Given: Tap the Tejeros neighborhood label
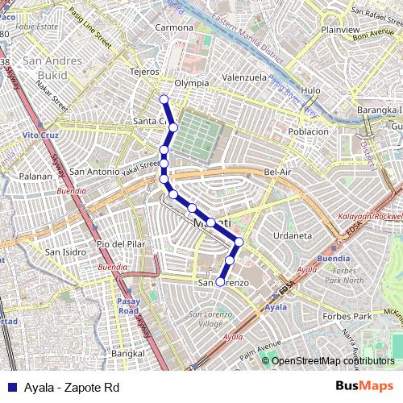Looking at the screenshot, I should click(x=145, y=72).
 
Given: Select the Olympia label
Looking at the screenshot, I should click(x=192, y=82).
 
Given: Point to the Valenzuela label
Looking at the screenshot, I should click(x=244, y=77).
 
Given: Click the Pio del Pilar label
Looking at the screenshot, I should click(x=118, y=243).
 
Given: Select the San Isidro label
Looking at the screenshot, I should click(x=64, y=252).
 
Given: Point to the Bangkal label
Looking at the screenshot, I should click(x=128, y=353).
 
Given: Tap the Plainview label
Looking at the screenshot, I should click(x=339, y=30).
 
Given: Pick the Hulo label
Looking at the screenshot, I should click(x=310, y=91).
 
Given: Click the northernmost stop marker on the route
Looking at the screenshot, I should click(x=164, y=100).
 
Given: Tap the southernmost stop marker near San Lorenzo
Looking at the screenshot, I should click(x=219, y=282).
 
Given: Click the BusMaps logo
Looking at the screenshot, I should click(x=364, y=387).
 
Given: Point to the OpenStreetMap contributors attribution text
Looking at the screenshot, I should click(x=333, y=361).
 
